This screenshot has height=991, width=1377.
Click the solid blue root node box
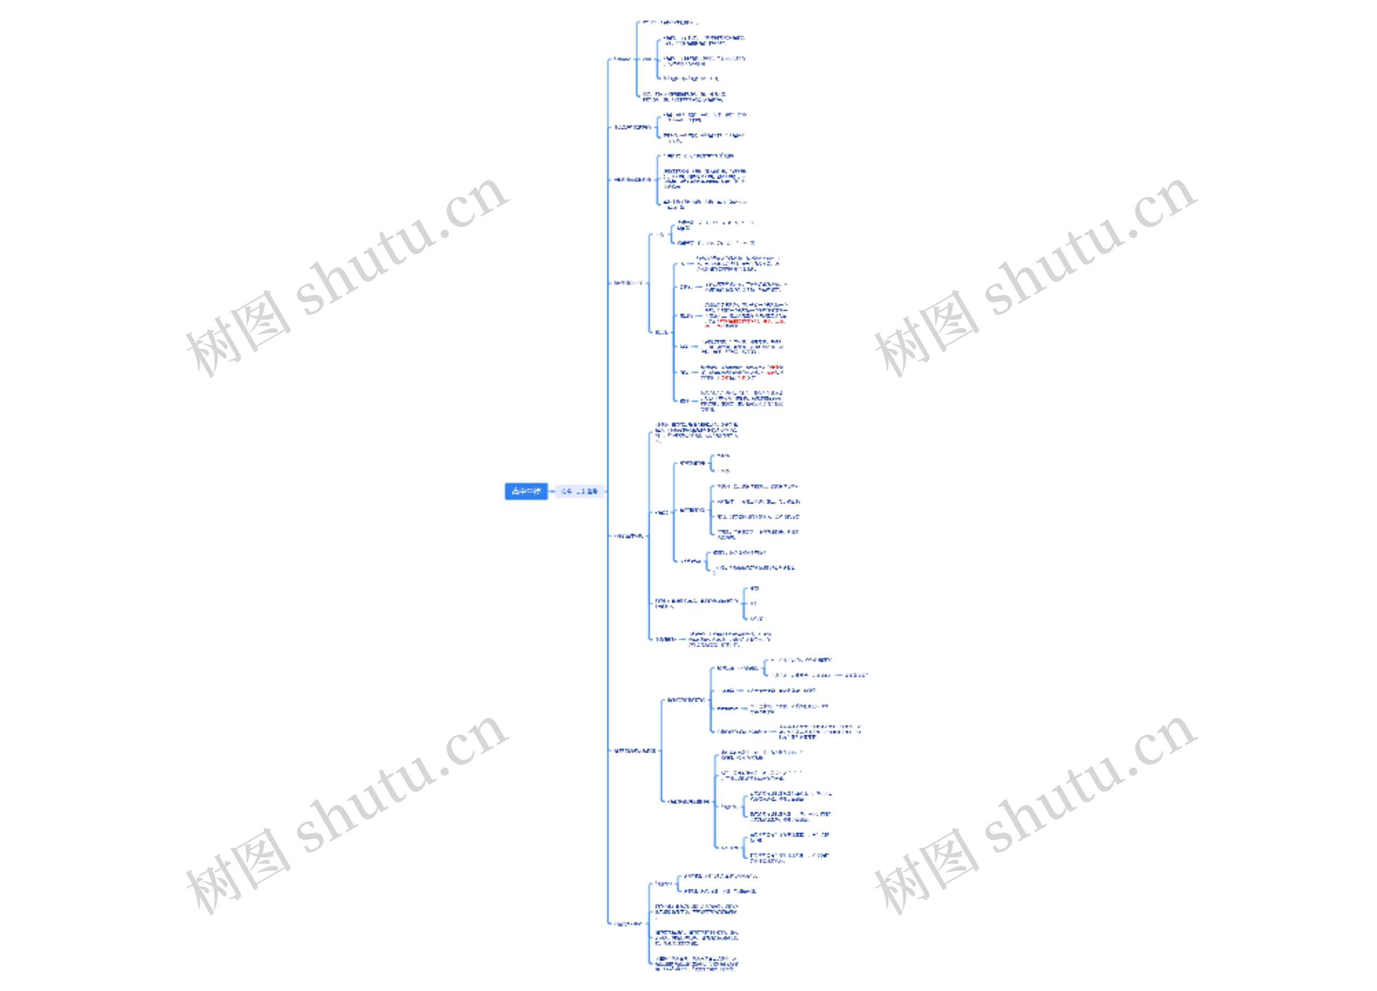(x=526, y=491)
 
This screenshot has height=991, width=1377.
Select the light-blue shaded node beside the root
(x=580, y=491)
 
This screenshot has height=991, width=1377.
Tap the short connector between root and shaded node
(x=551, y=491)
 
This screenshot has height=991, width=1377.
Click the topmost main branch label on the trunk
(x=622, y=60)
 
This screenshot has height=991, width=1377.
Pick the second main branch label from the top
(x=632, y=127)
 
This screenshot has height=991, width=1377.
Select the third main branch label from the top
(x=632, y=180)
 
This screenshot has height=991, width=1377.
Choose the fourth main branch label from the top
(x=627, y=283)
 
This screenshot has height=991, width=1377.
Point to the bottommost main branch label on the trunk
(x=627, y=924)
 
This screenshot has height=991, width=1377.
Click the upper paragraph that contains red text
(x=746, y=315)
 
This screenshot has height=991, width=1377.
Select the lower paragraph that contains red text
(x=742, y=372)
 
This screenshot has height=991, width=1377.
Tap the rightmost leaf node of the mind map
(x=856, y=675)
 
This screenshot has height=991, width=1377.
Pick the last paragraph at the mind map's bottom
(x=697, y=964)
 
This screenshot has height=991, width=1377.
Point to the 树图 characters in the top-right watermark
(x=926, y=333)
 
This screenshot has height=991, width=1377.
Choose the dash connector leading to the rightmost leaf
(x=838, y=675)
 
